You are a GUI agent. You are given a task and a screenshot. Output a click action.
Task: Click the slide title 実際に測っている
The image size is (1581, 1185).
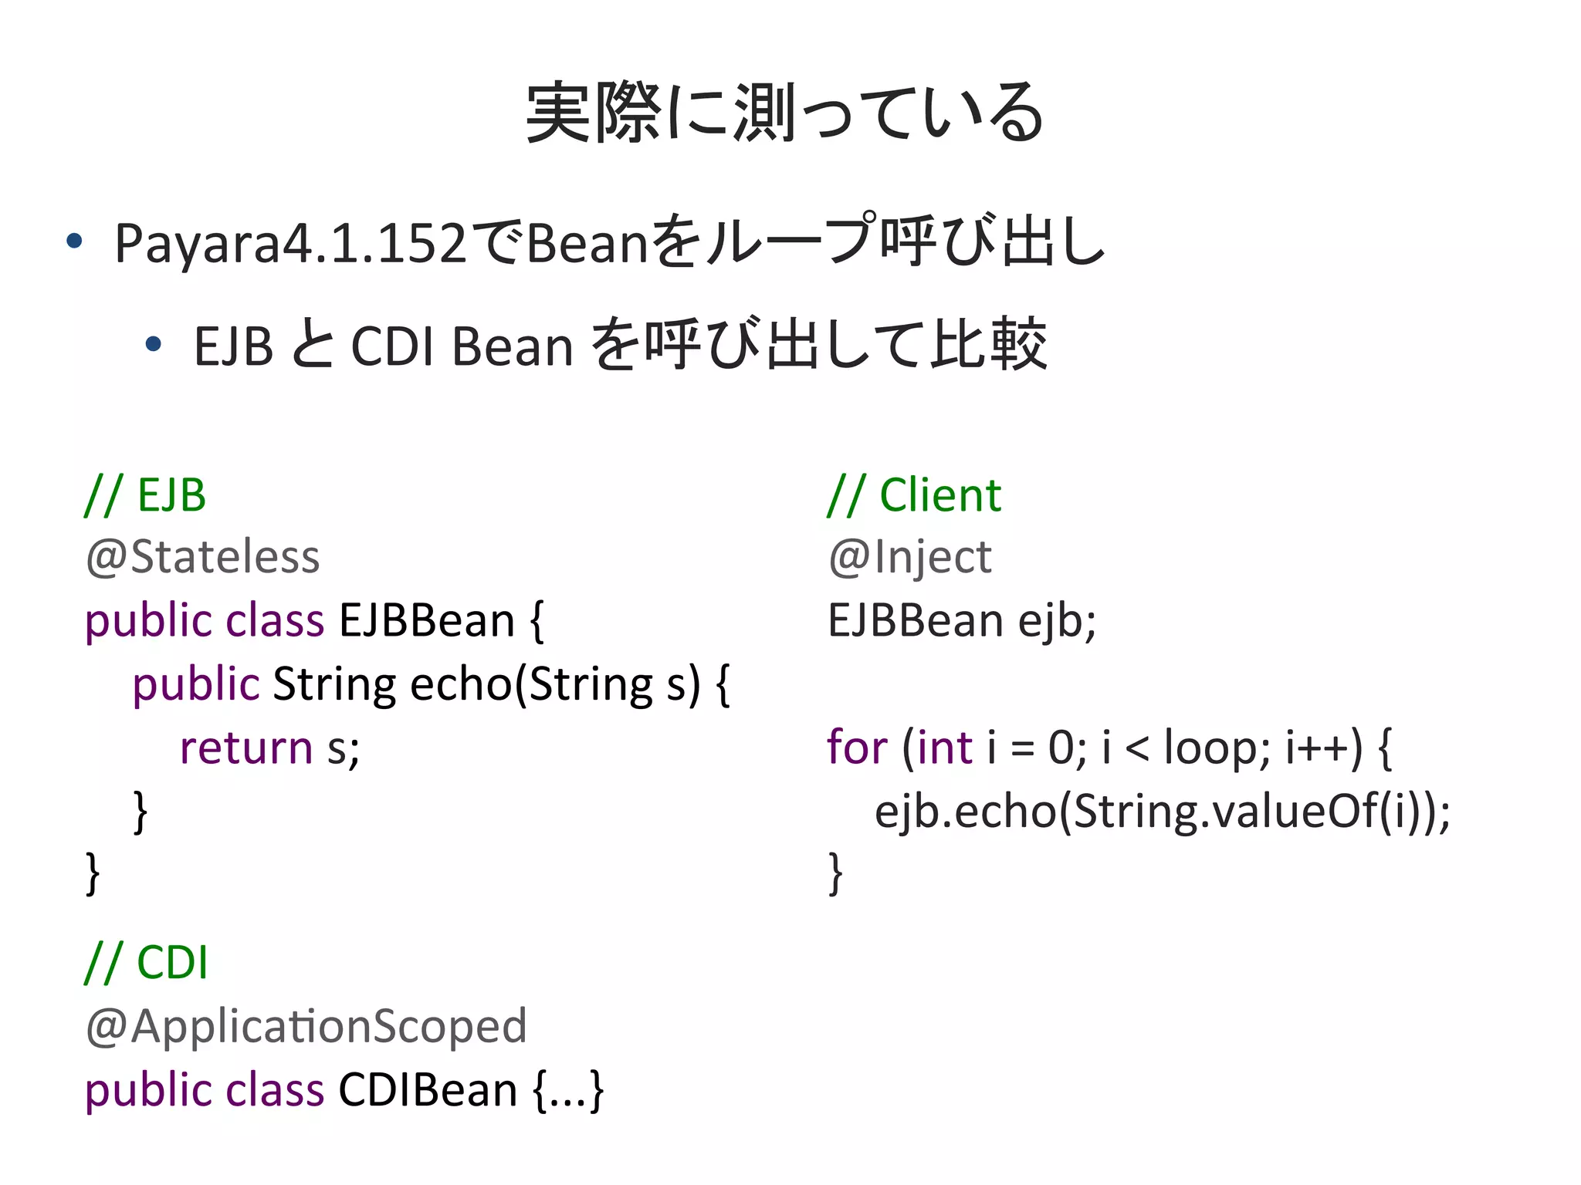(784, 113)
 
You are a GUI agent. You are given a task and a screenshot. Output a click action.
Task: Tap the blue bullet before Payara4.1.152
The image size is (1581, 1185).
(74, 241)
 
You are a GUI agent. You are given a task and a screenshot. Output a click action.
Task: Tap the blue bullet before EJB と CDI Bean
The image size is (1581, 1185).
(154, 344)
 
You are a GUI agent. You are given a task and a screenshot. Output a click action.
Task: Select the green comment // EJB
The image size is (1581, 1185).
(146, 495)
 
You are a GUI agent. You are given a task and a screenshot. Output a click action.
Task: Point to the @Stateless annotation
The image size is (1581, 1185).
(202, 557)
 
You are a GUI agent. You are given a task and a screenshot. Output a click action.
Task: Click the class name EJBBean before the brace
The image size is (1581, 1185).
(427, 621)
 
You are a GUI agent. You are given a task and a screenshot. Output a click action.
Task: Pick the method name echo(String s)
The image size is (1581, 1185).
(555, 684)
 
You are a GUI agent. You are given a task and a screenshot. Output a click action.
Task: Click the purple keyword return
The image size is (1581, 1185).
(245, 748)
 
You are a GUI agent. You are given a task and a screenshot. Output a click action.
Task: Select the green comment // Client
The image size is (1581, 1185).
(914, 495)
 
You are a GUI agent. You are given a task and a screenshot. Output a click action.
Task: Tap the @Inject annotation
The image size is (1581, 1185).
(909, 557)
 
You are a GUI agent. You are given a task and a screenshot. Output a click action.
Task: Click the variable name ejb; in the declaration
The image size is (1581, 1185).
(1057, 621)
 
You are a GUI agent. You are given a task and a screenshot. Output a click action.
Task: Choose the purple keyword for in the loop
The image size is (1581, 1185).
(857, 748)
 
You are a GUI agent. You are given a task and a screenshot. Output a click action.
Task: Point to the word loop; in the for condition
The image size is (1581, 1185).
(1217, 748)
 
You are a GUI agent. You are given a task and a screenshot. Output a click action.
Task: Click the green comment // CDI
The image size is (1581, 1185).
(146, 962)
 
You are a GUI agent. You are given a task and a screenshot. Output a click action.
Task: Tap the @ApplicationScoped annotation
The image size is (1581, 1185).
(306, 1026)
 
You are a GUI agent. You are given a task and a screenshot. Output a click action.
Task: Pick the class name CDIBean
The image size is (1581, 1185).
(428, 1090)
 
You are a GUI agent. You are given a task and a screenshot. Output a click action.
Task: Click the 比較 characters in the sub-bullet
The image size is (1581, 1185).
(989, 344)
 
